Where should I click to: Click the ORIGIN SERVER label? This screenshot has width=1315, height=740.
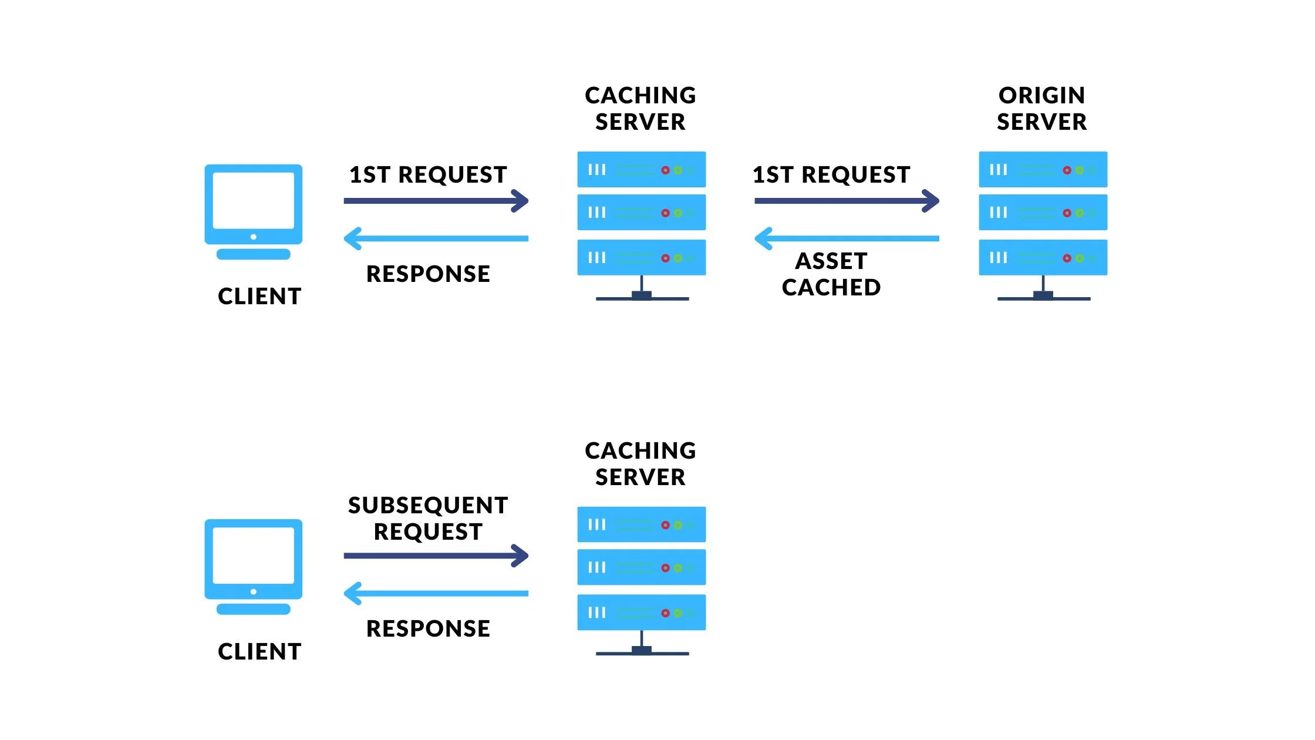pyautogui.click(x=1042, y=109)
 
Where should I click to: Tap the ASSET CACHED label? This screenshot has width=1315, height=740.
pyautogui.click(x=831, y=274)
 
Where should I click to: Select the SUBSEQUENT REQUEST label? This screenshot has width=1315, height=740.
pyautogui.click(x=428, y=518)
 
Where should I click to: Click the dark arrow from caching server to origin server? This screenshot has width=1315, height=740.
pyautogui.click(x=845, y=201)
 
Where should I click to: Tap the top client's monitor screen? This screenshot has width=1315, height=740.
pyautogui.click(x=254, y=200)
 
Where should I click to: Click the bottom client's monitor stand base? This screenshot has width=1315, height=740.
pyautogui.click(x=254, y=609)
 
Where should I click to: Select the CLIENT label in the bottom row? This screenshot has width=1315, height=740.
pyautogui.click(x=259, y=651)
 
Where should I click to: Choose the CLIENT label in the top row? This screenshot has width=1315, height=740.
pyautogui.click(x=259, y=297)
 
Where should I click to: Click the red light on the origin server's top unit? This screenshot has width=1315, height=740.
pyautogui.click(x=1067, y=170)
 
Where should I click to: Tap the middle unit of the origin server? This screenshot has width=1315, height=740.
pyautogui.click(x=1043, y=213)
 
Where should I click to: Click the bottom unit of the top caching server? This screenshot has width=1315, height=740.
pyautogui.click(x=641, y=257)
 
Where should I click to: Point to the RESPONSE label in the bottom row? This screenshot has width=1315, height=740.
pyautogui.click(x=428, y=628)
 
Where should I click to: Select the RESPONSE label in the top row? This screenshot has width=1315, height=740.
pyautogui.click(x=428, y=274)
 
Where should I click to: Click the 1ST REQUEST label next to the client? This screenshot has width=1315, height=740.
pyautogui.click(x=428, y=175)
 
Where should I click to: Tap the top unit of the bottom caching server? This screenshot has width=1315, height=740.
pyautogui.click(x=641, y=524)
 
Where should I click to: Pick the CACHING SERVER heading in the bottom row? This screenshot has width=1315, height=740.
pyautogui.click(x=640, y=464)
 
